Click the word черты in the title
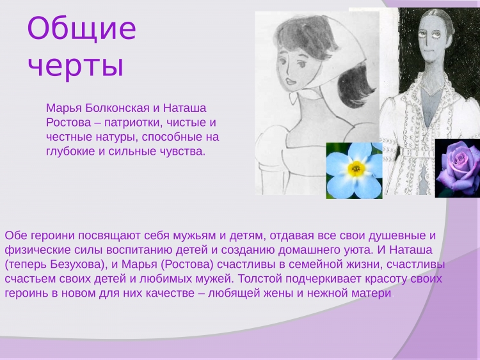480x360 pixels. point(76,65)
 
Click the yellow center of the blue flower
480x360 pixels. point(356,168)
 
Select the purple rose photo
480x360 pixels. point(458,168)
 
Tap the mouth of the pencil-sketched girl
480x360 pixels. point(289,82)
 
